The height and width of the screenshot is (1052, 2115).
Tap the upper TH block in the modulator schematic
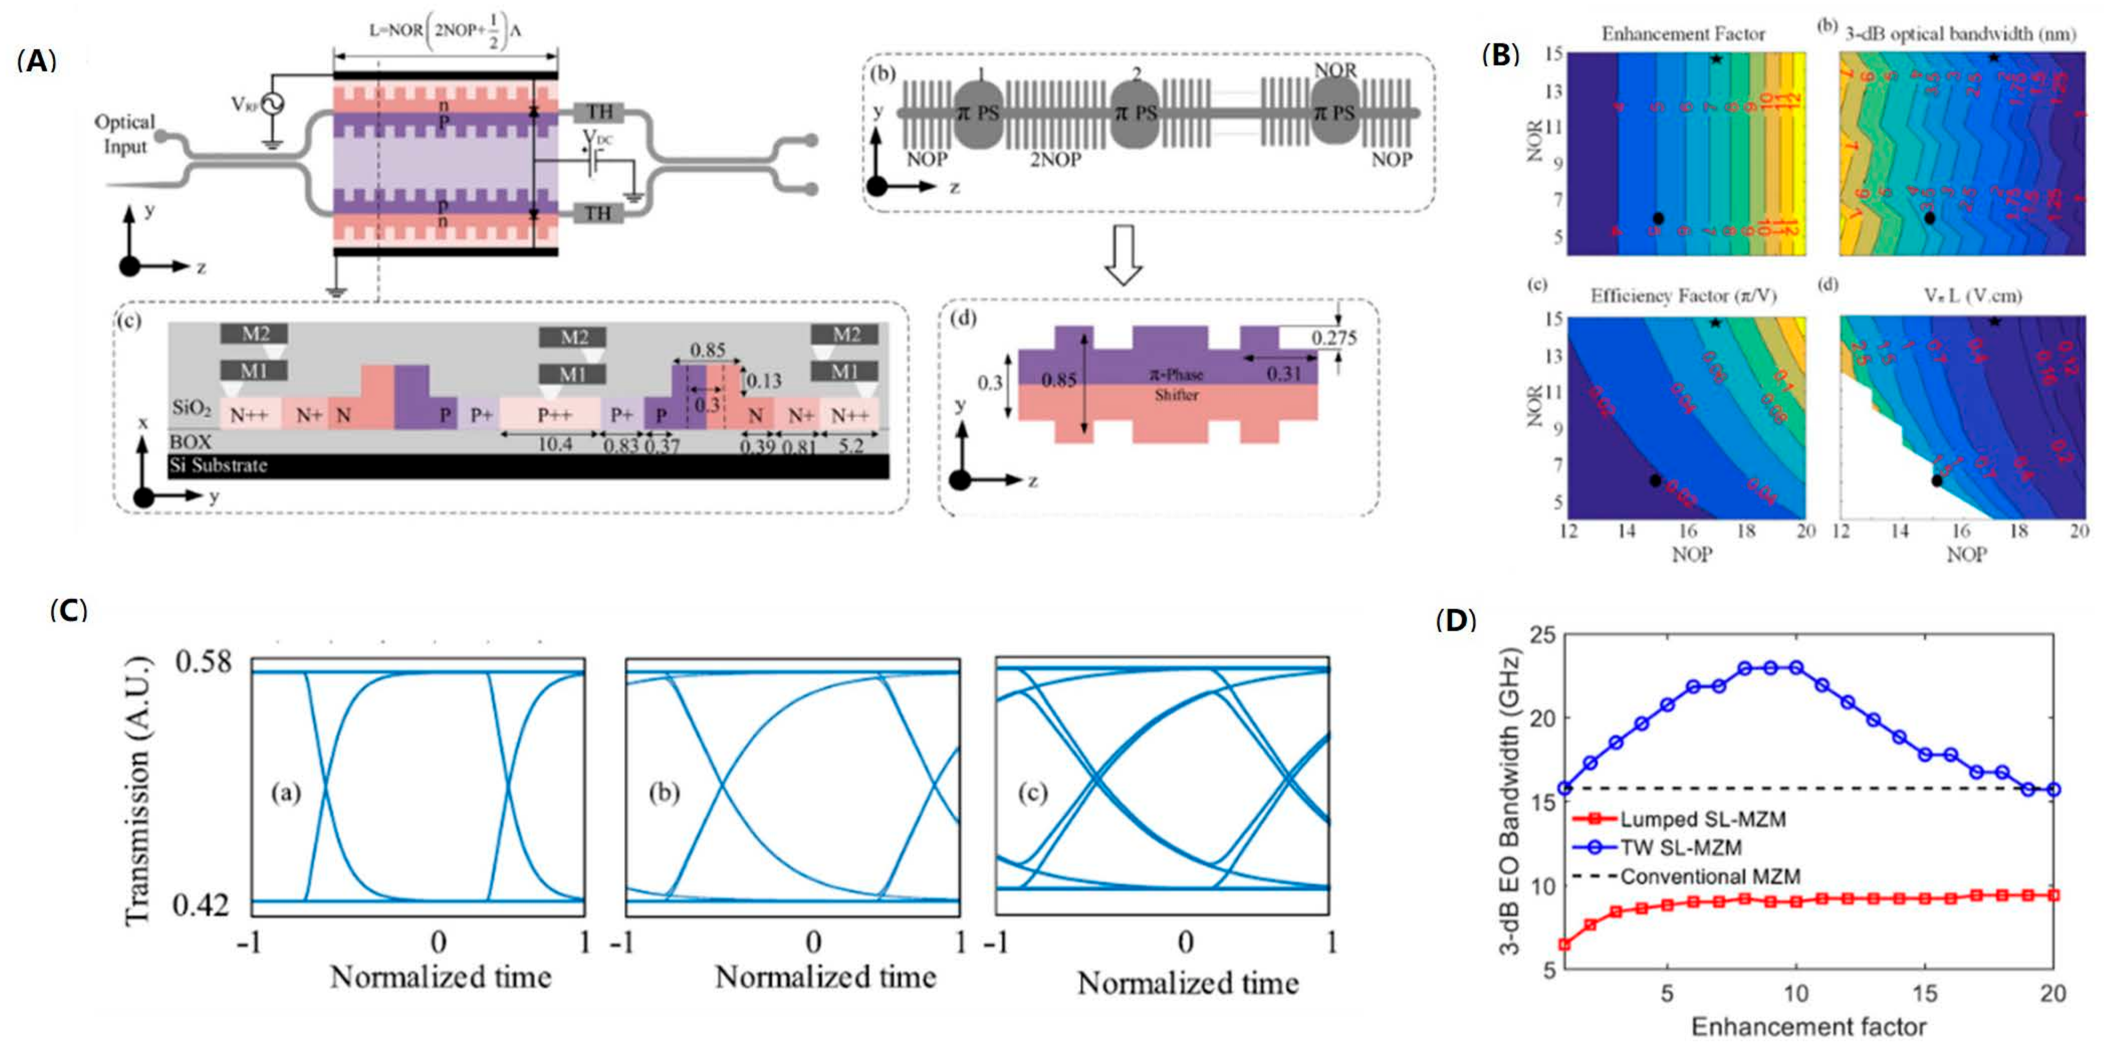(599, 112)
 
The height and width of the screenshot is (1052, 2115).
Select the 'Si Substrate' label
(218, 466)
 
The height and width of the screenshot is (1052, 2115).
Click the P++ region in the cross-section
(554, 415)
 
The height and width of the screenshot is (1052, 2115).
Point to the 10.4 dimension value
(554, 444)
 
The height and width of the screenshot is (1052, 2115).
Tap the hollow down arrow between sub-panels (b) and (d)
(1123, 255)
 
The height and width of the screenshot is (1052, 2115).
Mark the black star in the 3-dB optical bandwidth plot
(1992, 57)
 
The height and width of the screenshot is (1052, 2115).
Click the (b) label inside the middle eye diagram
(663, 793)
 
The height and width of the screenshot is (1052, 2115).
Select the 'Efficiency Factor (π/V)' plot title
(1683, 295)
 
